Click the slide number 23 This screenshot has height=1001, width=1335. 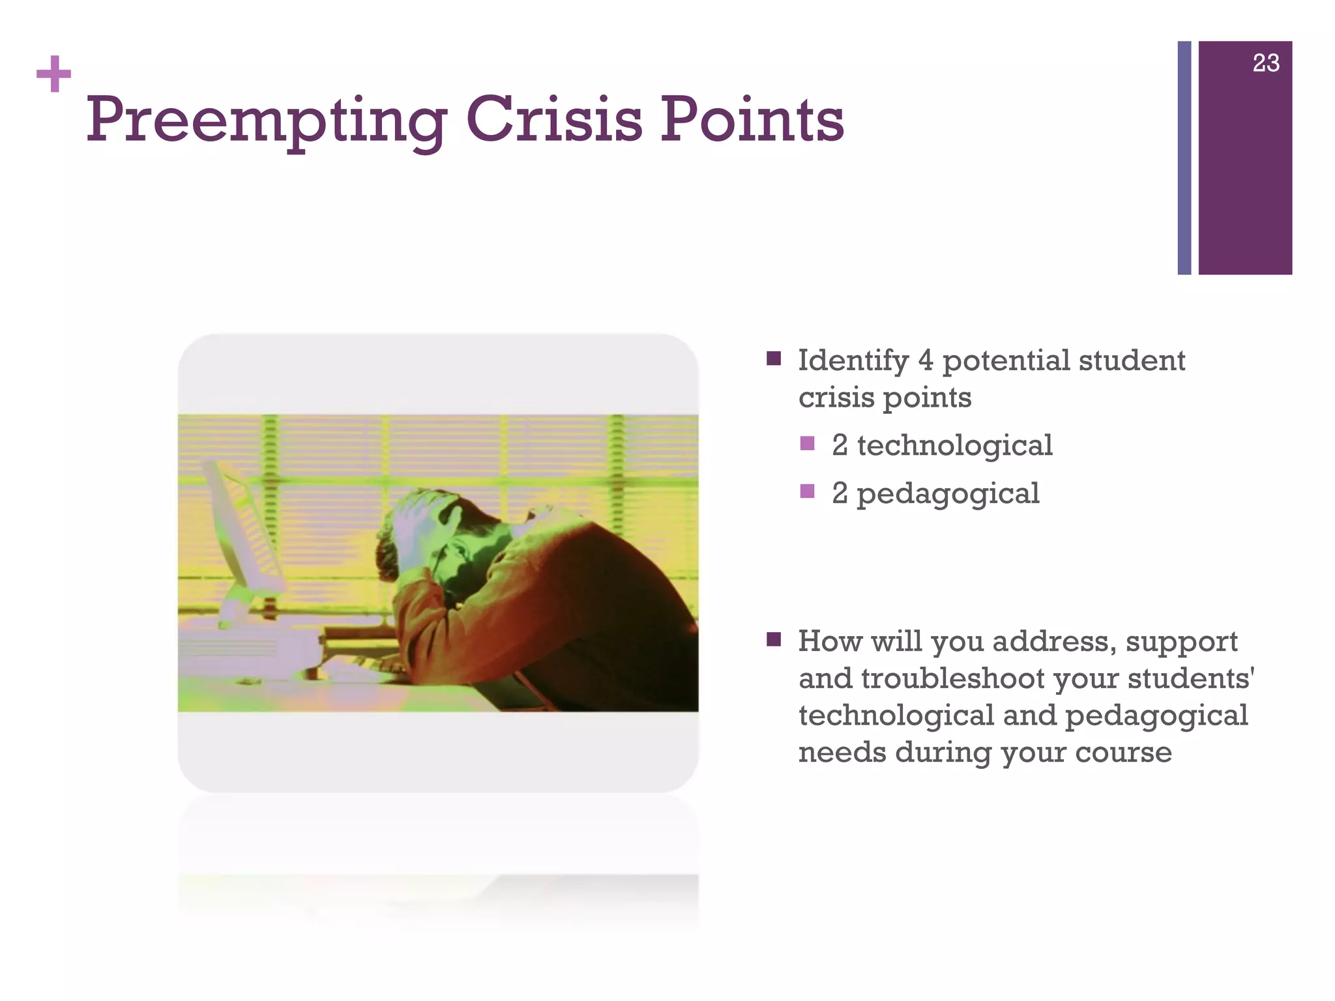click(x=1265, y=63)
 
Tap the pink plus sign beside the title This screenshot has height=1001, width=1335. click(x=53, y=74)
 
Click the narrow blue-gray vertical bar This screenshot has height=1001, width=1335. click(x=1184, y=158)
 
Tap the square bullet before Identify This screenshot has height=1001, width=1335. click(x=774, y=358)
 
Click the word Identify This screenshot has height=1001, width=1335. click(x=853, y=361)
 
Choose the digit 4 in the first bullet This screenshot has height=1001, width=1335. click(x=926, y=360)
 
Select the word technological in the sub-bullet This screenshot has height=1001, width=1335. click(x=954, y=446)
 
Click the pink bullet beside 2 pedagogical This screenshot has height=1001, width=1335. click(x=807, y=491)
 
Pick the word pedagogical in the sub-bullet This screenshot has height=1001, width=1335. click(x=948, y=494)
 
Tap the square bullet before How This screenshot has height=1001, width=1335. click(x=774, y=639)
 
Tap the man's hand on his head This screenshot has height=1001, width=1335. click(x=417, y=515)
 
